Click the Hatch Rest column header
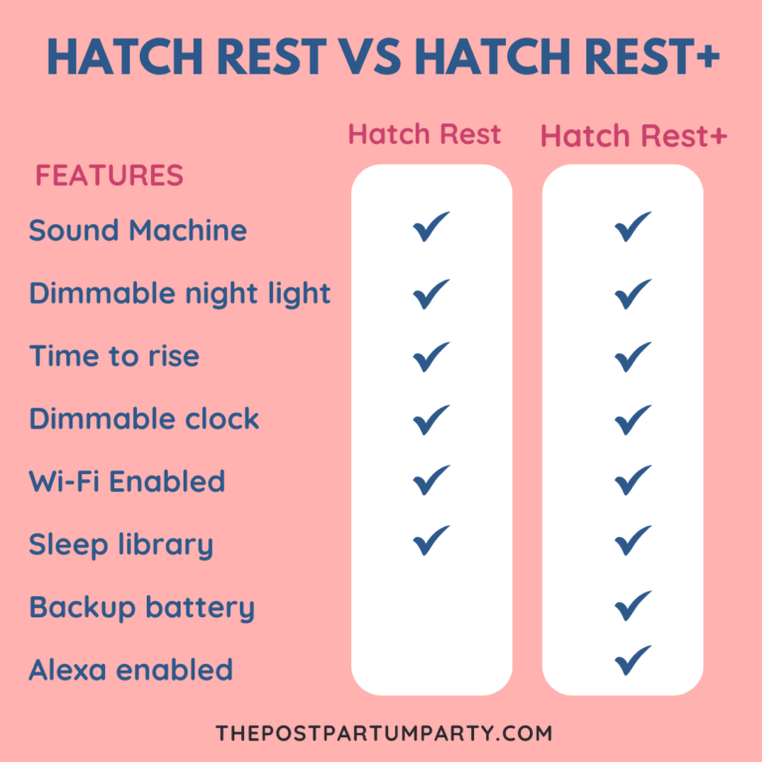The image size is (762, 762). tap(425, 135)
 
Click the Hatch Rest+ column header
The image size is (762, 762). tap(634, 137)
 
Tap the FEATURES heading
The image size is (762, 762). tap(109, 176)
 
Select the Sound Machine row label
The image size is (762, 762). tap(137, 230)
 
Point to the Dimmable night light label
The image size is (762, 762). tap(180, 294)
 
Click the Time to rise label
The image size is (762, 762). tap(114, 356)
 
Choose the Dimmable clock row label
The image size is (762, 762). tap(144, 419)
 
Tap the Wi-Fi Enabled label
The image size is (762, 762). tap(127, 481)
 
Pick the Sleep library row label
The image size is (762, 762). tap(121, 545)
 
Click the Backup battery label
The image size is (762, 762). tap(142, 607)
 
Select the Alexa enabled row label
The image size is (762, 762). tap(131, 670)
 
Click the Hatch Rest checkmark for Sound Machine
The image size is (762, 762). tap(432, 227)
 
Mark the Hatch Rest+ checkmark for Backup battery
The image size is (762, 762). tap(633, 604)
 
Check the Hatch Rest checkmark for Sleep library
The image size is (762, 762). tap(432, 541)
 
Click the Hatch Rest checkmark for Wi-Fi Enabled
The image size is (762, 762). tap(432, 479)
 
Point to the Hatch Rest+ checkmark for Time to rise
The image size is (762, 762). tap(633, 355)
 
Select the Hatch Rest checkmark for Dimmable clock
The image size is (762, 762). tap(432, 418)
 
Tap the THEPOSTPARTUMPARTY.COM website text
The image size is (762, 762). tap(383, 733)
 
